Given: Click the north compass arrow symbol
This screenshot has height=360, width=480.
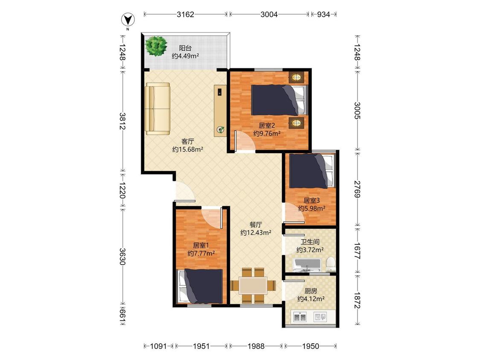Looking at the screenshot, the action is (x=128, y=20).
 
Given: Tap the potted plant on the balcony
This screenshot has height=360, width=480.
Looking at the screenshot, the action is (x=157, y=46).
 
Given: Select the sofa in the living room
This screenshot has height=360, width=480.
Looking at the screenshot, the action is (x=157, y=109).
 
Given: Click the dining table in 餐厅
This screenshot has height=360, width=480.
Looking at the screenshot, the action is (x=253, y=286).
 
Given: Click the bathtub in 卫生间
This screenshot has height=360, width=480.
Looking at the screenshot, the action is (x=307, y=265).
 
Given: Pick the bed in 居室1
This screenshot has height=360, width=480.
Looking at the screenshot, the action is (x=201, y=286).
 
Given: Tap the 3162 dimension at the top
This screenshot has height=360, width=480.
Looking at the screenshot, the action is (x=185, y=14).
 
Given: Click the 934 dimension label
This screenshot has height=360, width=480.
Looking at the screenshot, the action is (x=323, y=14).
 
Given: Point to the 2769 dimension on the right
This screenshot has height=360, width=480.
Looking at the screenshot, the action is (x=357, y=189).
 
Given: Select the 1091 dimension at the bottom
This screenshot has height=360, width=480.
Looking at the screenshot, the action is (x=159, y=346).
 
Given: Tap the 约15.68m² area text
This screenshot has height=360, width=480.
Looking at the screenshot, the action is (x=188, y=149).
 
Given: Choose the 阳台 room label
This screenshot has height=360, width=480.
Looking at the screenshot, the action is (x=185, y=48).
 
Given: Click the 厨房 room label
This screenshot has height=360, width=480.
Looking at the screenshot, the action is (x=311, y=291).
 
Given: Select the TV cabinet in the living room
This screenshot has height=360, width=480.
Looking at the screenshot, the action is (x=220, y=110).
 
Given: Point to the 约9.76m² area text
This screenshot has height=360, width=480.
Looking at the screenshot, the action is (x=267, y=134).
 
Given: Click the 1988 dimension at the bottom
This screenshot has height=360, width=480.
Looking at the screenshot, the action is (x=256, y=346).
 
